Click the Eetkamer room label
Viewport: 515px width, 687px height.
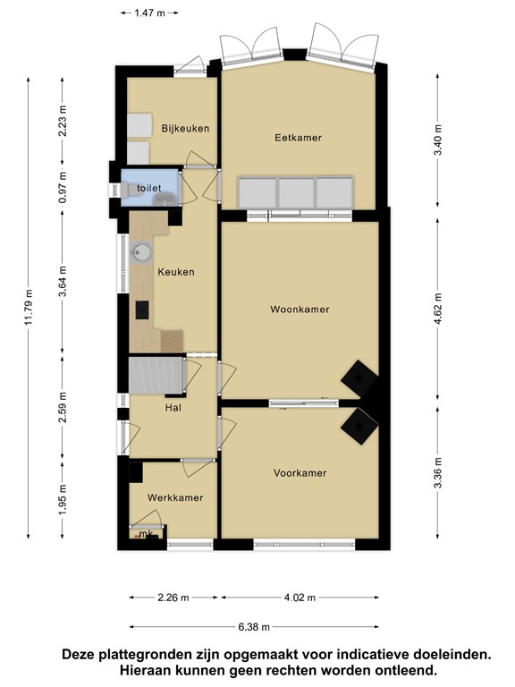pyautogui.click(x=299, y=138)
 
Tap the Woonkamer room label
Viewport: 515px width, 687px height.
pyautogui.click(x=300, y=310)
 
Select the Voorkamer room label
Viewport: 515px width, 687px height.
pyautogui.click(x=300, y=473)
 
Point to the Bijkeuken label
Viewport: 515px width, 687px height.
pyautogui.click(x=185, y=129)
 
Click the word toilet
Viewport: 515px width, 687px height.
pyautogui.click(x=149, y=189)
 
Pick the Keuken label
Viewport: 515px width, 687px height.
pyautogui.click(x=176, y=272)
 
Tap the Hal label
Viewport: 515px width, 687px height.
pyautogui.click(x=173, y=408)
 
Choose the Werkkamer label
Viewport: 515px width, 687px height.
pyautogui.click(x=175, y=497)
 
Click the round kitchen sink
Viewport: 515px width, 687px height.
pyautogui.click(x=141, y=253)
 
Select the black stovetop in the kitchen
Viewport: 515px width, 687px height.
pyautogui.click(x=142, y=310)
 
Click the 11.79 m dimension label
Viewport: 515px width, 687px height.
pyautogui.click(x=29, y=308)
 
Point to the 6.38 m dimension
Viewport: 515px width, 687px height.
pyautogui.click(x=254, y=627)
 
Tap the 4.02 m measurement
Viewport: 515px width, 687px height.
pyautogui.click(x=300, y=598)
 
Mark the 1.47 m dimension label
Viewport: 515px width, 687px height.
pyautogui.click(x=150, y=13)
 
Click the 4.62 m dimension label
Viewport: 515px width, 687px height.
pyautogui.click(x=438, y=310)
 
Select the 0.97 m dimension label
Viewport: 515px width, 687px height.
pyautogui.click(x=63, y=188)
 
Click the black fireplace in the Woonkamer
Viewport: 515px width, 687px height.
pyautogui.click(x=359, y=378)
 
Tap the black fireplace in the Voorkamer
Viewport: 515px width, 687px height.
pyautogui.click(x=359, y=427)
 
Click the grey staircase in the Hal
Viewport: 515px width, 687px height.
pyautogui.click(x=156, y=376)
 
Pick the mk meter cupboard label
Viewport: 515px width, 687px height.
pyautogui.click(x=146, y=533)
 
